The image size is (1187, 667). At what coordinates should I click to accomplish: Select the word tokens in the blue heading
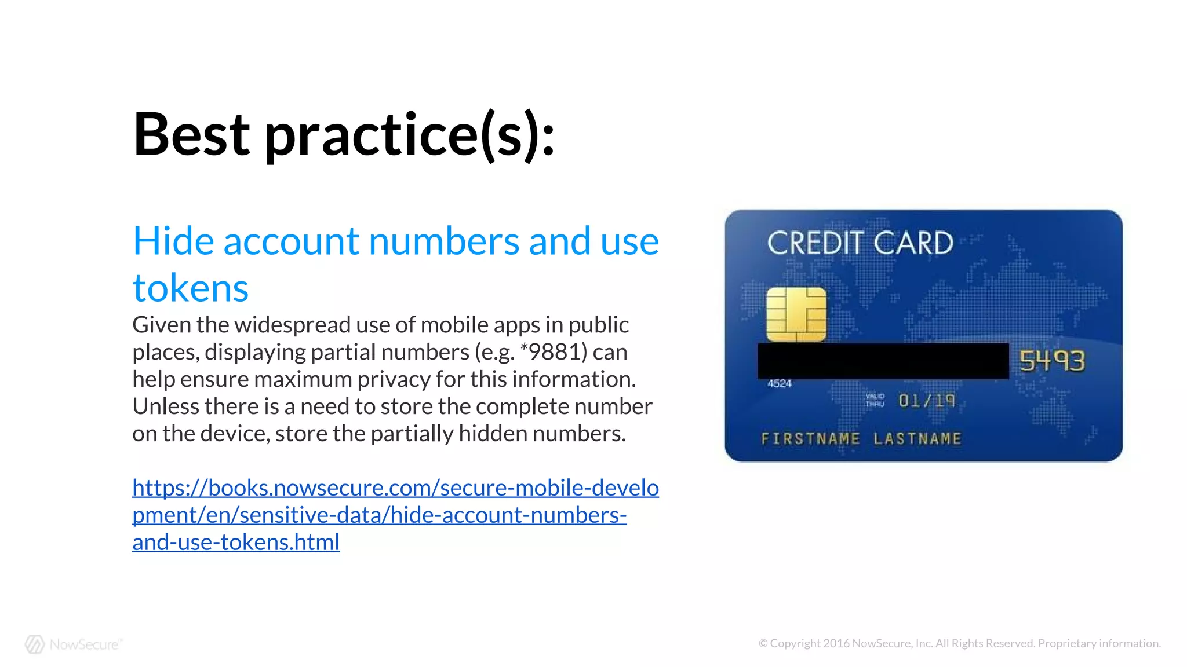(190, 288)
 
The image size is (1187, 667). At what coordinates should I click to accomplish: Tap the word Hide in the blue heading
(173, 241)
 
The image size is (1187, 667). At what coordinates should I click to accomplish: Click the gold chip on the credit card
(796, 314)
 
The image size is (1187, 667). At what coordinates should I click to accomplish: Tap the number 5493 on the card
(1051, 361)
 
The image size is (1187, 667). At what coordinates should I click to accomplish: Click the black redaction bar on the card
(882, 361)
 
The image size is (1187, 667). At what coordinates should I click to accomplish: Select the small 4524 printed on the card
(779, 383)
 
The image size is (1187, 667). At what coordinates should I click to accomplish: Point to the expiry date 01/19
(926, 401)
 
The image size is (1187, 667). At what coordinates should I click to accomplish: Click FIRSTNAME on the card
(810, 439)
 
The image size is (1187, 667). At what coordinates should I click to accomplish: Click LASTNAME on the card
(917, 439)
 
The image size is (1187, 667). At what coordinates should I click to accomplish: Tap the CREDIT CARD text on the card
(860, 243)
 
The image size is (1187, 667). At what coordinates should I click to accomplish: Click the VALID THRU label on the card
(875, 400)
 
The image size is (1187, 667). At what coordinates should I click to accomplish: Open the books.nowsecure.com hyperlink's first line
(395, 488)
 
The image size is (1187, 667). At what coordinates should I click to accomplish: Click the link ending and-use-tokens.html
(236, 543)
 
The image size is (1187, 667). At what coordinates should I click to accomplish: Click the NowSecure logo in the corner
(73, 644)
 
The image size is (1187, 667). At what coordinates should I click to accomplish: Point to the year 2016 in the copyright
(836, 643)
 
